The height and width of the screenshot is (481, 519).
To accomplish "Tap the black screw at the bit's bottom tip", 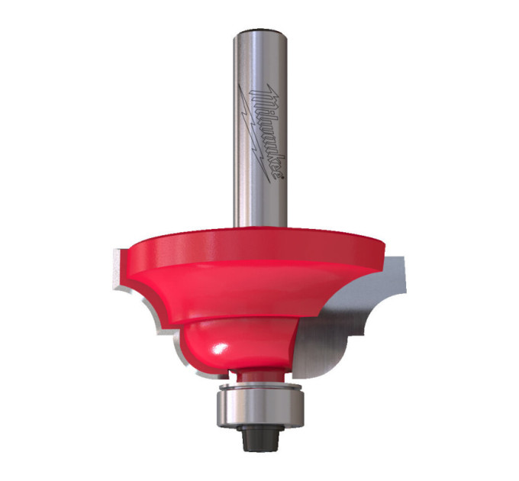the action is pyautogui.click(x=259, y=437).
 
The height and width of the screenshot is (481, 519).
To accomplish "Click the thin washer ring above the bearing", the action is pyautogui.click(x=259, y=386).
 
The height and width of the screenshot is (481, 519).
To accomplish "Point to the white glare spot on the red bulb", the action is pyautogui.click(x=220, y=349).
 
